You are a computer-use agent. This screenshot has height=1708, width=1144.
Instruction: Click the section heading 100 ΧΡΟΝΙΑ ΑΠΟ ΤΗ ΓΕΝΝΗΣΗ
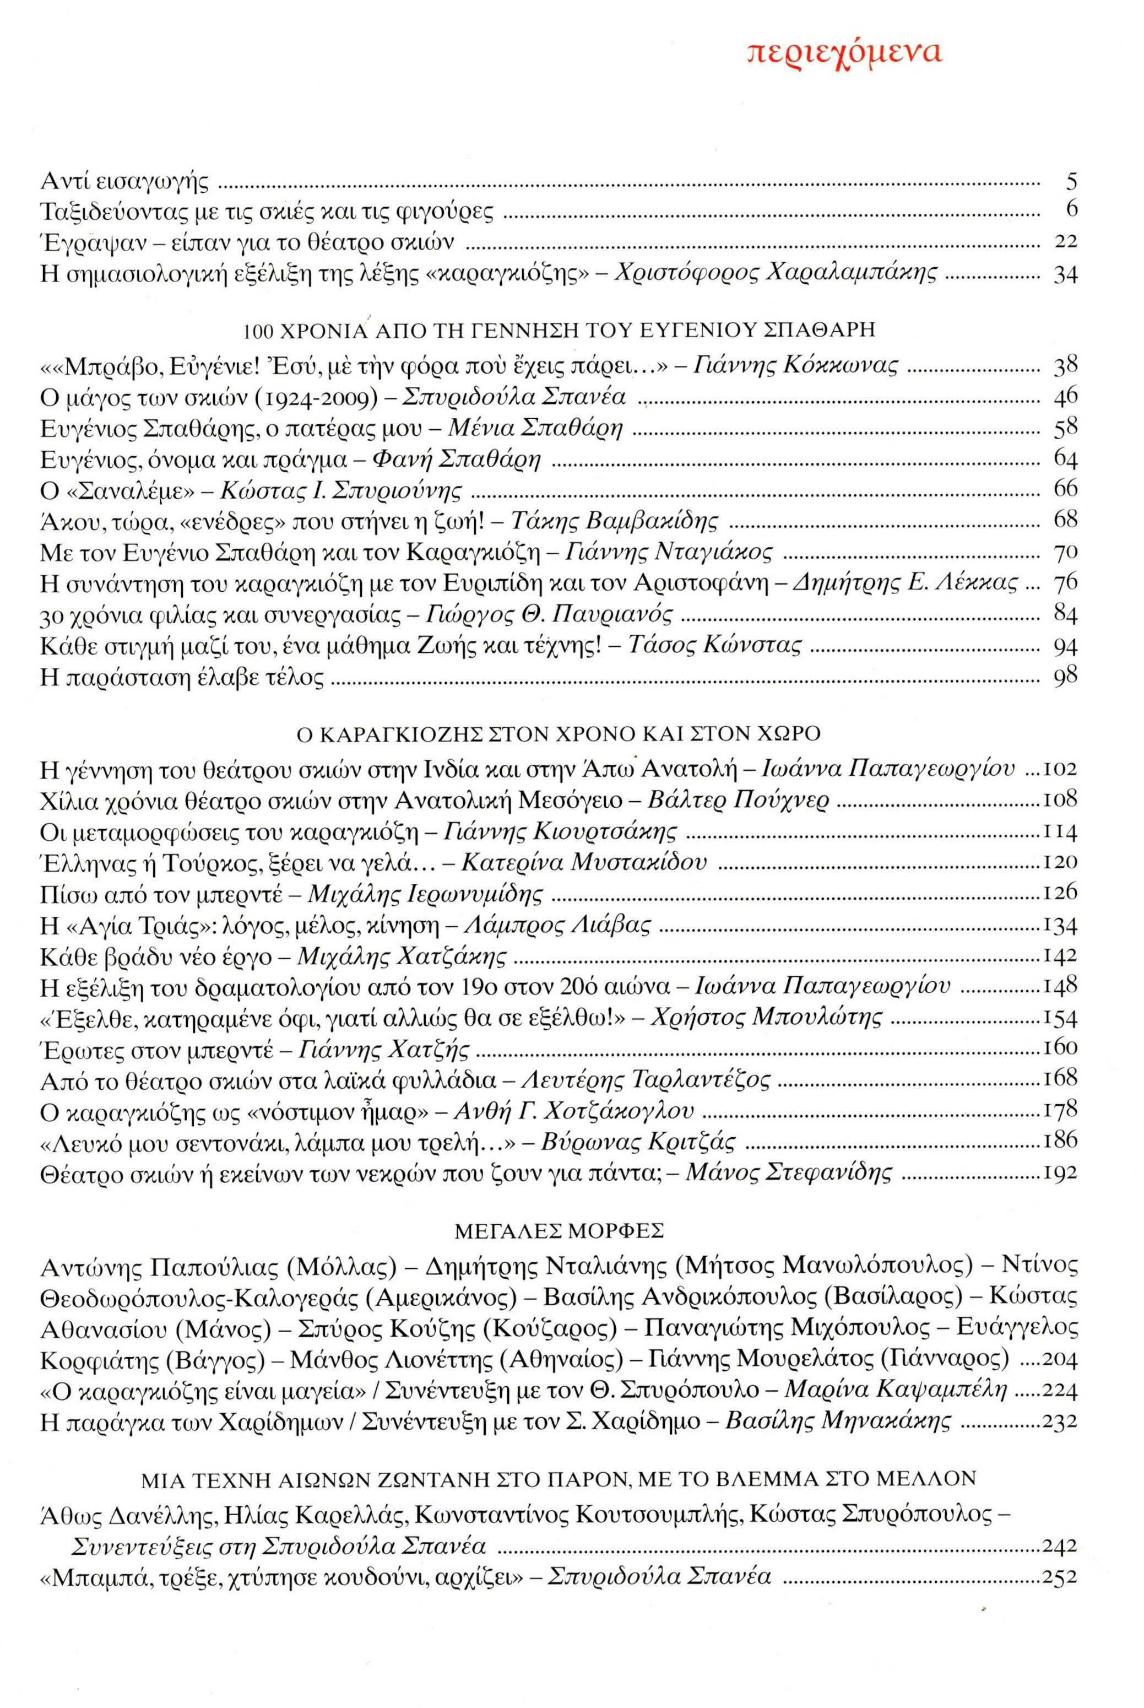pos(559,330)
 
